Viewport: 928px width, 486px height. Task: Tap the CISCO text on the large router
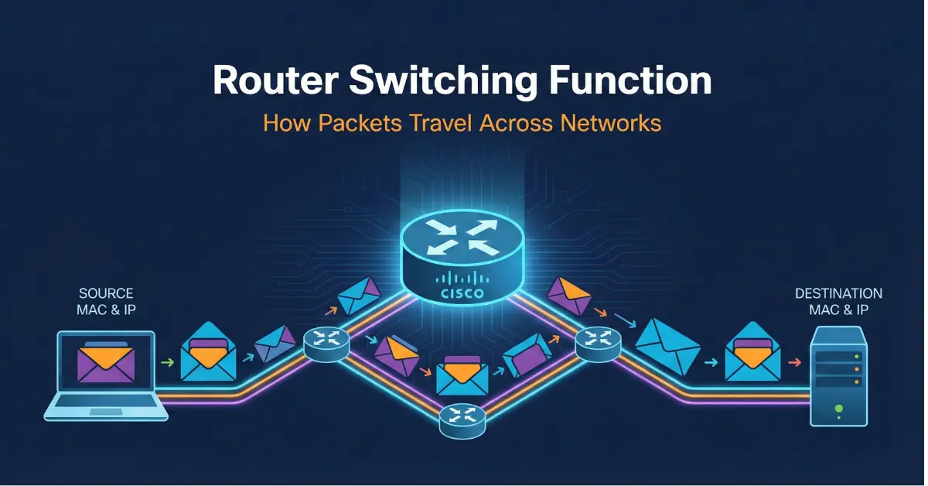[462, 293]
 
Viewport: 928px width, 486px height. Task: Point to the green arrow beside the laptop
[166, 361]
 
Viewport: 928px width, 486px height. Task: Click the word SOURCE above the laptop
[106, 294]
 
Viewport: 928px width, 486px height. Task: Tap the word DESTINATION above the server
[838, 294]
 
